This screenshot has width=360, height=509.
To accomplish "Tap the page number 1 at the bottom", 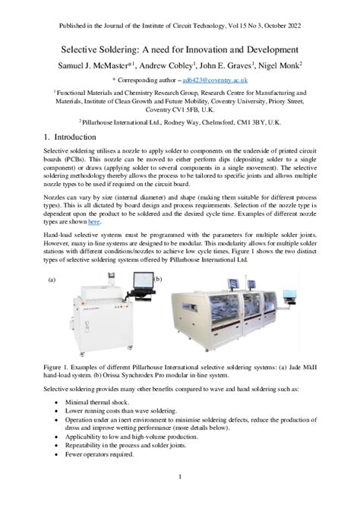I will tap(180, 477).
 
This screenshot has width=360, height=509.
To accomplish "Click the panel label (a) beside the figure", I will tap(52, 280).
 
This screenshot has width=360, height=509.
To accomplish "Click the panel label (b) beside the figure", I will tap(159, 280).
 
